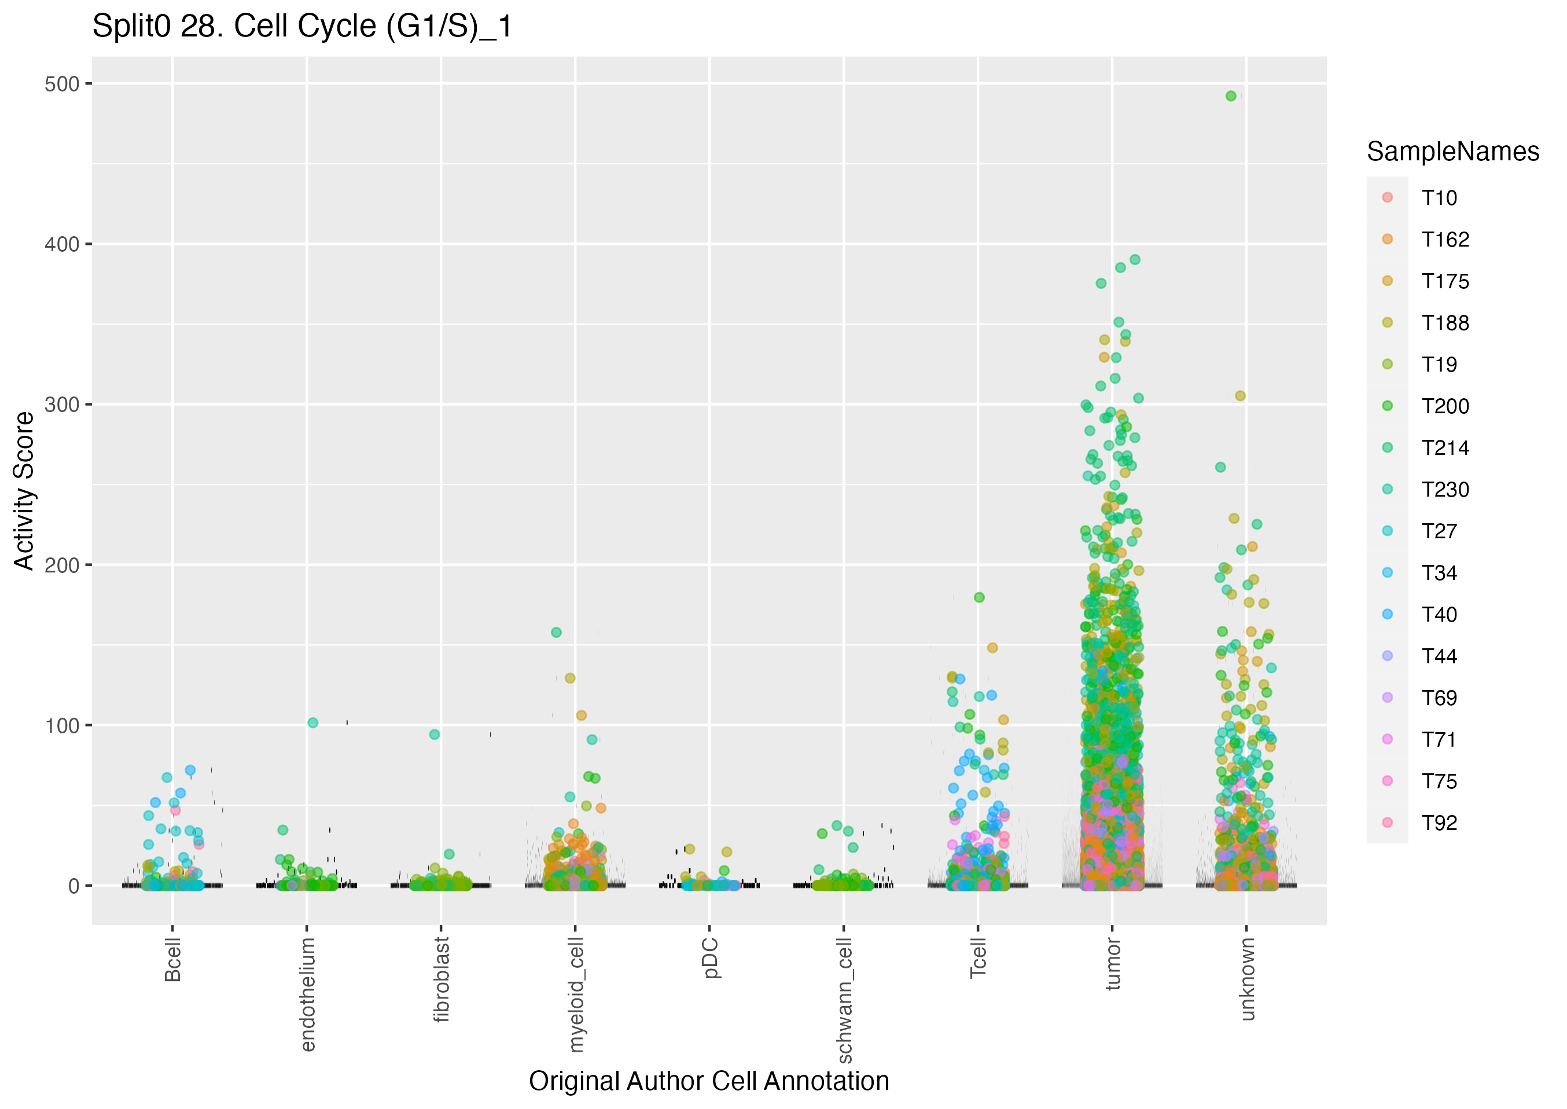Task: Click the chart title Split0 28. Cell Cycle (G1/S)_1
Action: pyautogui.click(x=301, y=27)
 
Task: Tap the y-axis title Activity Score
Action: pyautogui.click(x=24, y=490)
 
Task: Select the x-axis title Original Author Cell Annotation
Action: pyautogui.click(x=708, y=1081)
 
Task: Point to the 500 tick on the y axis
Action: pyautogui.click(x=62, y=84)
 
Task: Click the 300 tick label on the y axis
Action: pyautogui.click(x=62, y=404)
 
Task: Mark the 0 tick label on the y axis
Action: pyautogui.click(x=73, y=886)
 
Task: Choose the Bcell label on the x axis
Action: pyautogui.click(x=172, y=960)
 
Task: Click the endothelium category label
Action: pyautogui.click(x=307, y=994)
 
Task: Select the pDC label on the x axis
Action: pyautogui.click(x=711, y=957)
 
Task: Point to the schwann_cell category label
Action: pyautogui.click(x=845, y=1000)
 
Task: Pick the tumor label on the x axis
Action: pyautogui.click(x=1113, y=964)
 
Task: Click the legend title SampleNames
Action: pyautogui.click(x=1452, y=152)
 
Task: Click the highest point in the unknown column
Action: pyautogui.click(x=1231, y=96)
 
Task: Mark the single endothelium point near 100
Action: pyautogui.click(x=312, y=722)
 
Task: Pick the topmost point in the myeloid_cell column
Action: pyautogui.click(x=556, y=632)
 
